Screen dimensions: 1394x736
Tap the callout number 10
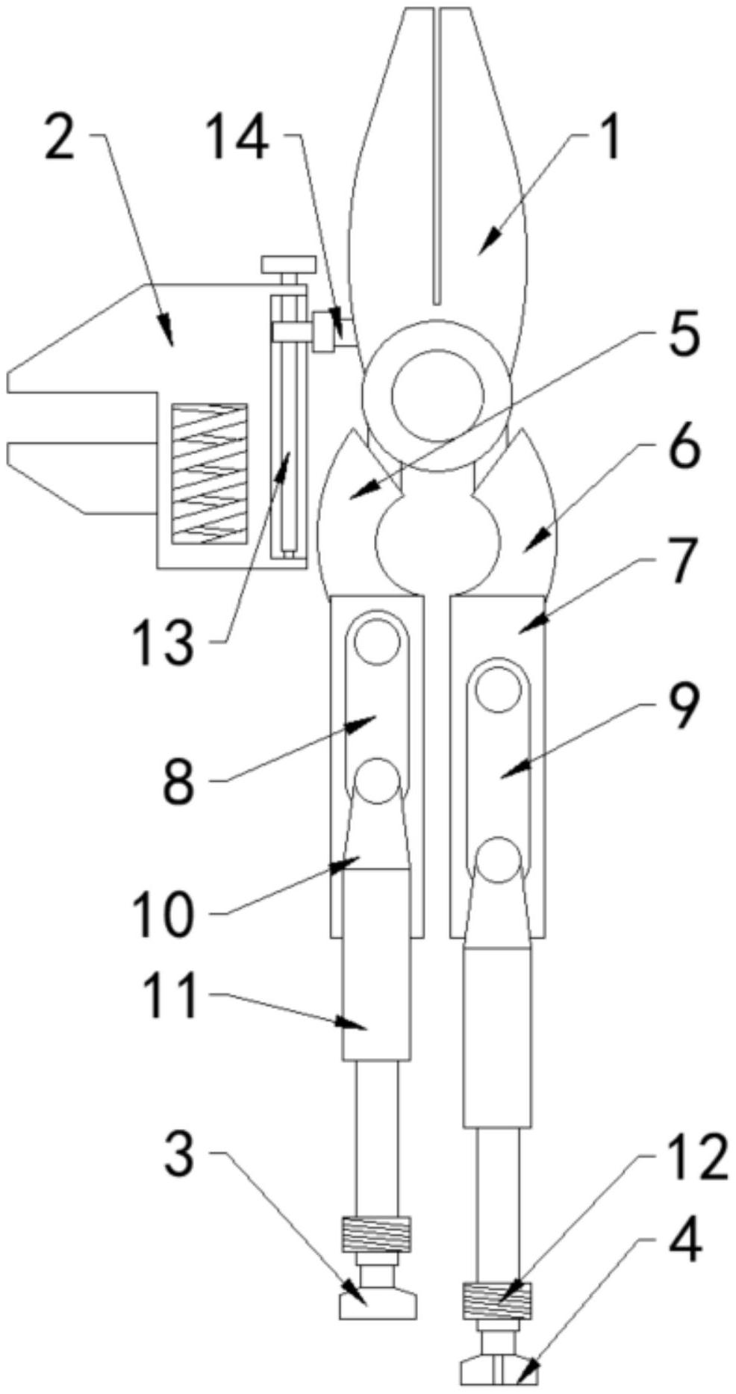[x=163, y=915]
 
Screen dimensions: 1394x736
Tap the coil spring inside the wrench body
[x=209, y=474]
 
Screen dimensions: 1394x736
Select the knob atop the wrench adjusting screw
[x=288, y=264]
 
